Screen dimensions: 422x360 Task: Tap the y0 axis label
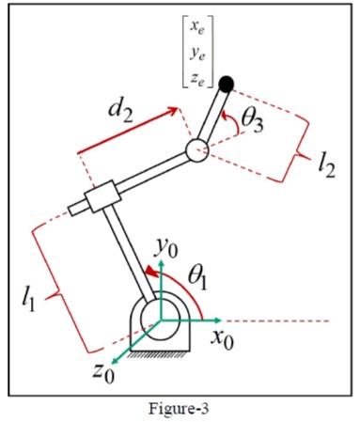(166, 248)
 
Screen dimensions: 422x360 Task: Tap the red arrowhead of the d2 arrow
(175, 113)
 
